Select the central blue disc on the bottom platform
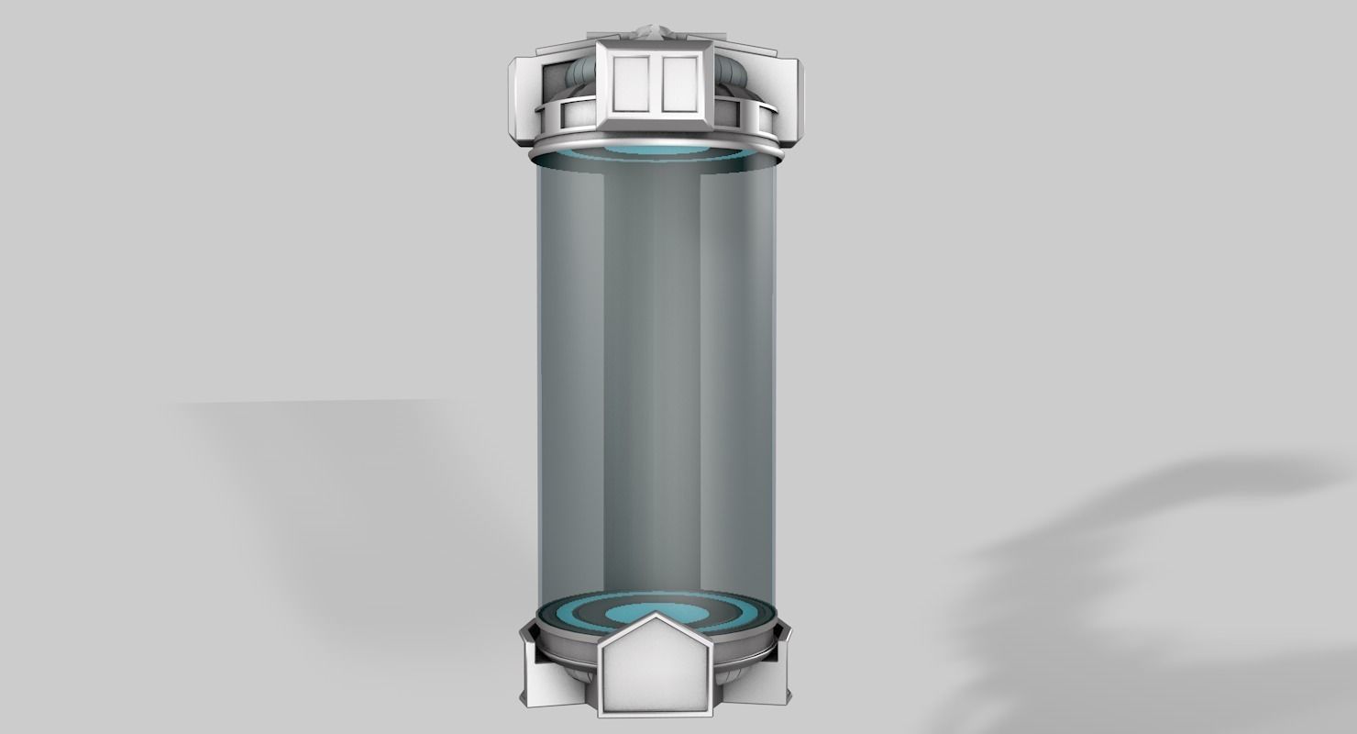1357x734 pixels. (656, 614)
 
